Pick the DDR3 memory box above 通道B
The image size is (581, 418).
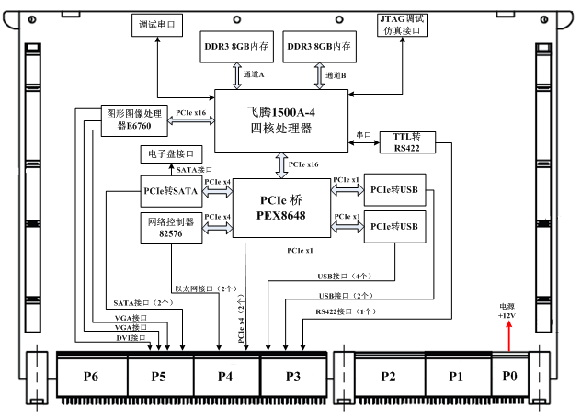pos(319,46)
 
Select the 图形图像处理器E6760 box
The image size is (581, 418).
pos(131,119)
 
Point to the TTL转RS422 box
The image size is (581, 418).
pos(406,142)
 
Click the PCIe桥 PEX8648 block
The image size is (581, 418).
pos(280,209)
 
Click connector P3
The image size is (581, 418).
pos(294,376)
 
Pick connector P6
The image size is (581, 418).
pos(90,376)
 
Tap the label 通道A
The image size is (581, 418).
pos(255,73)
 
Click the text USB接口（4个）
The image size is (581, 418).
pos(344,275)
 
